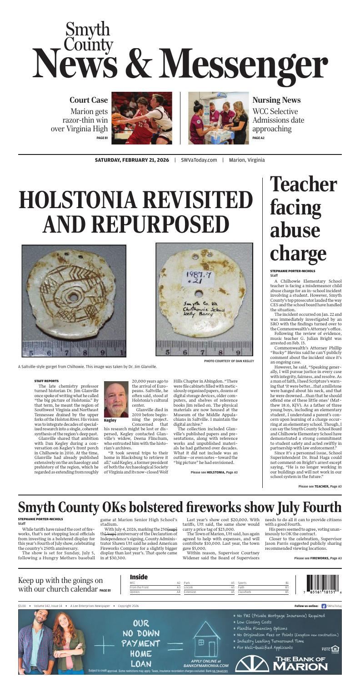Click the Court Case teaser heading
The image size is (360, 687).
click(x=89, y=100)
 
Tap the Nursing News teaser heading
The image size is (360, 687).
click(x=276, y=100)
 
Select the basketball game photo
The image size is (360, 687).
click(x=142, y=118)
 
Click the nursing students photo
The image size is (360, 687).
click(x=218, y=118)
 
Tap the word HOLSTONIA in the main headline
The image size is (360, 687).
click(x=94, y=201)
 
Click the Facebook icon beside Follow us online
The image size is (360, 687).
click(x=324, y=606)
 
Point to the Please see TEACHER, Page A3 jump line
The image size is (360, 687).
click(x=317, y=486)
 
